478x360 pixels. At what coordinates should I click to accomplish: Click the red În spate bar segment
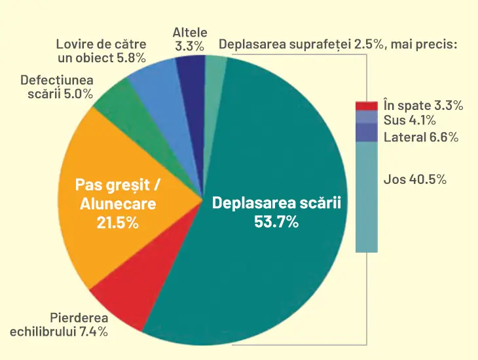click(367, 106)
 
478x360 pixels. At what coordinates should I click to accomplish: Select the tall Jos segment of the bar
click(367, 196)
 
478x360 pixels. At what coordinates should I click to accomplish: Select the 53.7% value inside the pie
click(276, 222)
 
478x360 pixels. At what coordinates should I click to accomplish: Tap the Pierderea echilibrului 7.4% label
click(59, 325)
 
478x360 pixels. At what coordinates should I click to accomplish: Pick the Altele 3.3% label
click(190, 39)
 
